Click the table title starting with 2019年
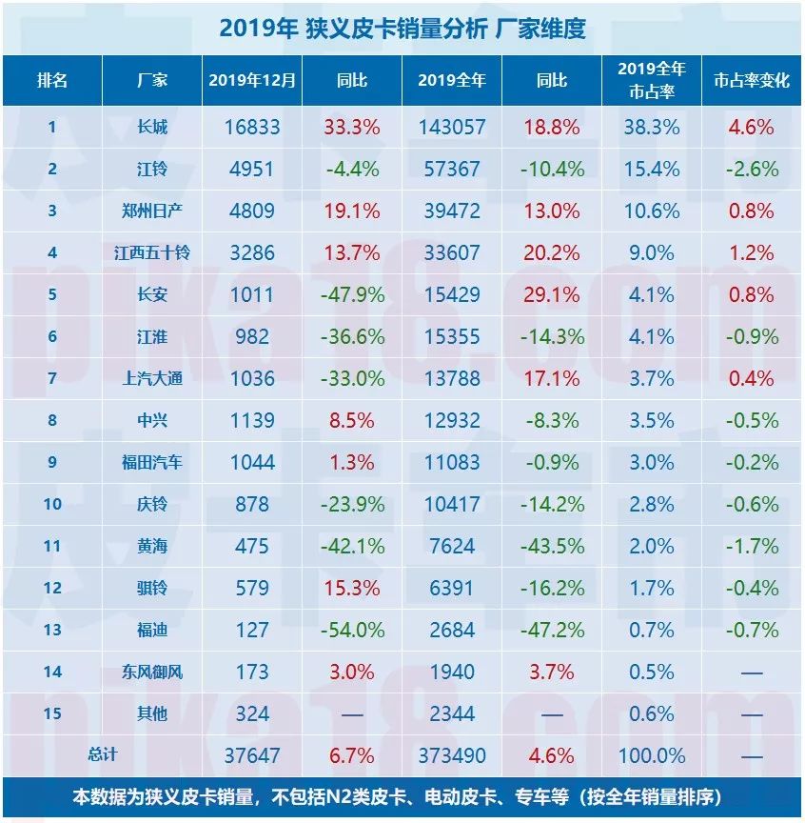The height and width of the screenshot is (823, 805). [x=402, y=29]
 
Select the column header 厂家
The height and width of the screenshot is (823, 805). [x=151, y=80]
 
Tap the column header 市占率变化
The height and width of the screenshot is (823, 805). [x=752, y=80]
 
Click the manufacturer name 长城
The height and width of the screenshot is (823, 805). [x=151, y=127]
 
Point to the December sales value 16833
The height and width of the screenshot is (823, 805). [x=252, y=127]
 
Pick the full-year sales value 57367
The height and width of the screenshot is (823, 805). [x=451, y=169]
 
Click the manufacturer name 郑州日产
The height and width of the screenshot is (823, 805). [x=151, y=211]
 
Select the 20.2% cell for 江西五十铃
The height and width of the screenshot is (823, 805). [x=551, y=252]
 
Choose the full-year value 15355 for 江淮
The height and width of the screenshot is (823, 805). [x=451, y=336]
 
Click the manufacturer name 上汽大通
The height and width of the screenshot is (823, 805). [x=151, y=378]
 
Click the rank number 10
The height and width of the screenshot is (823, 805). [x=52, y=504]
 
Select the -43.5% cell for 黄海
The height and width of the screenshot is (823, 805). [x=551, y=546]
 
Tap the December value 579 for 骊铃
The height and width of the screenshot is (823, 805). [x=252, y=588]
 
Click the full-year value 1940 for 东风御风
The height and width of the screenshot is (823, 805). [x=451, y=672]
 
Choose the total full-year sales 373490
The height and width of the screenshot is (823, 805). [x=451, y=755]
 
